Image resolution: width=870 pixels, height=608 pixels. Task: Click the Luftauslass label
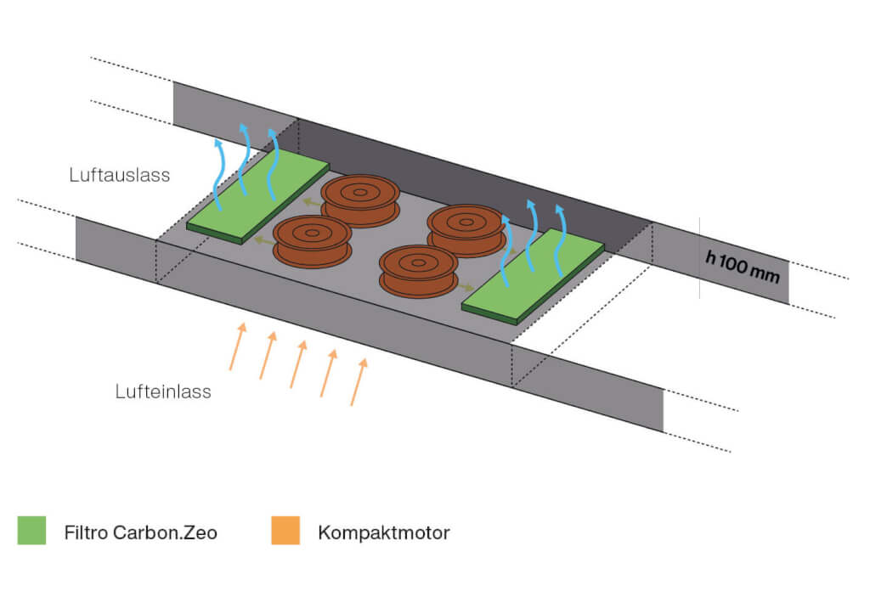click(x=120, y=176)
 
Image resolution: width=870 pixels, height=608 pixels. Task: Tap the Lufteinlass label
click(x=163, y=392)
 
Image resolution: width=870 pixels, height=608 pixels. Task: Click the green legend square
click(x=31, y=531)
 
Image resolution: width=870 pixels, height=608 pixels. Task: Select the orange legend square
click(x=285, y=531)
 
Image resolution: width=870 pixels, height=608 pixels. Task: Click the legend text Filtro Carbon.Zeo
click(x=140, y=533)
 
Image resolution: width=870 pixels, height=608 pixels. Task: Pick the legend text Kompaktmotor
click(x=383, y=533)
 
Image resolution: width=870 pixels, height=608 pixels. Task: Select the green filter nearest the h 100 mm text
click(x=533, y=276)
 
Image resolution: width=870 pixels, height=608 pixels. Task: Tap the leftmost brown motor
click(x=312, y=240)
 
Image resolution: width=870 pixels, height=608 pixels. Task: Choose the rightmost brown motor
click(x=464, y=229)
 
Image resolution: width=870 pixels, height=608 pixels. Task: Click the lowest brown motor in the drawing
click(x=419, y=270)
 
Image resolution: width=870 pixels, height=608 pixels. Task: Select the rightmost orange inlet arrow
click(x=359, y=382)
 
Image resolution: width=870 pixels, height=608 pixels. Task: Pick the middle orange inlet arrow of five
click(x=298, y=364)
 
